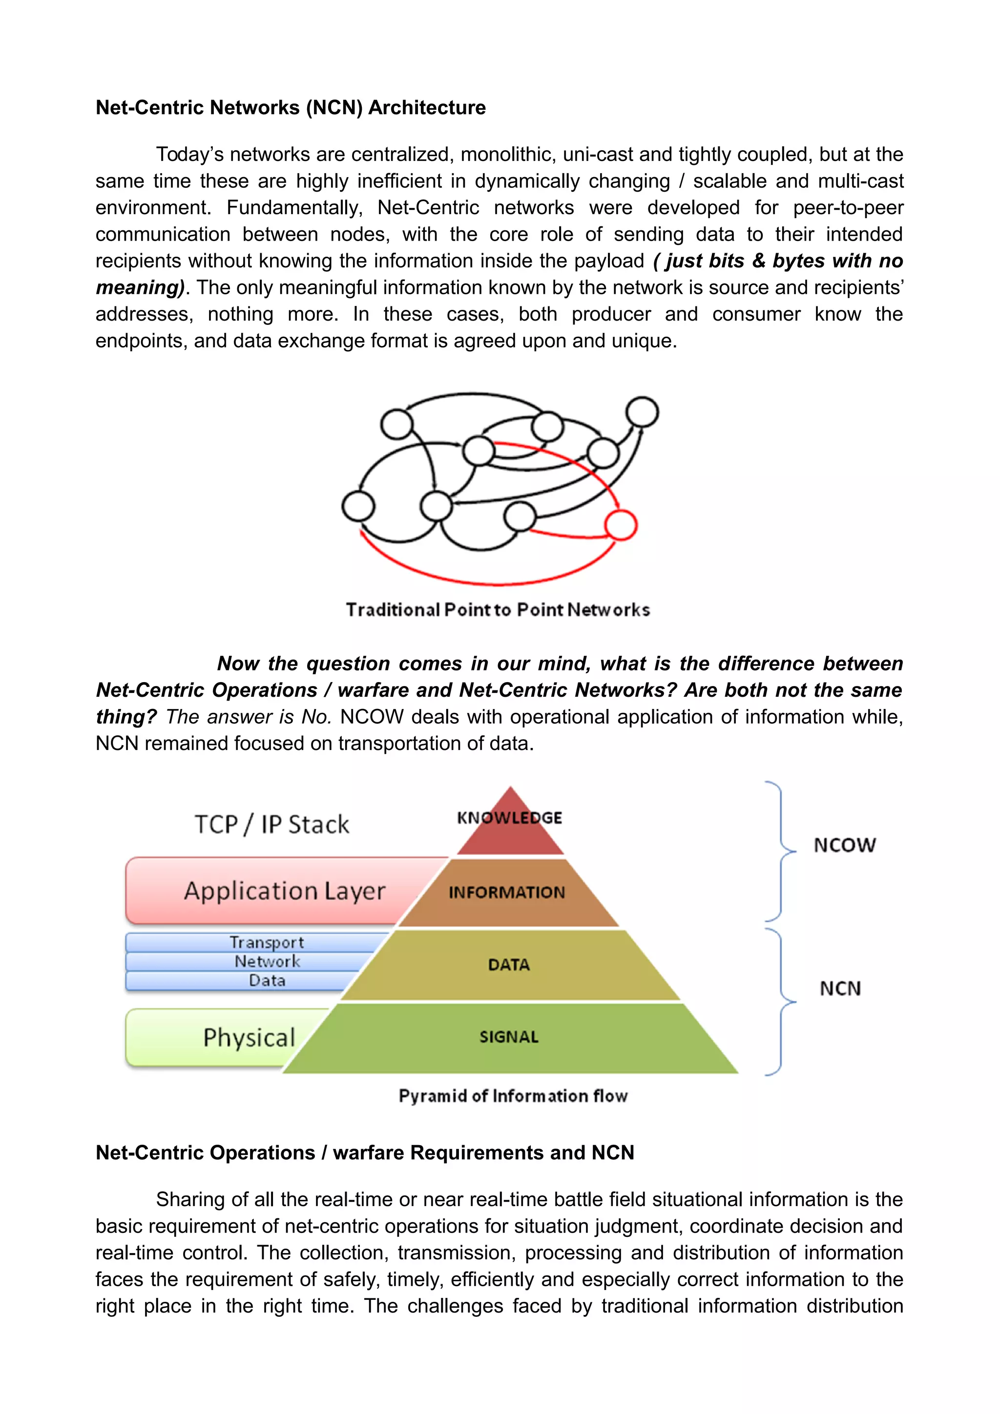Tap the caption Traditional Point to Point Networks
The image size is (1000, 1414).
498,610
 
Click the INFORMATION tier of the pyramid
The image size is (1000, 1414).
506,892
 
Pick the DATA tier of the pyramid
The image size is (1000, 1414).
509,965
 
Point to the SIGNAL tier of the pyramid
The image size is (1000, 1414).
509,1037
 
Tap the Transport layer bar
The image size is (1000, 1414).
266,942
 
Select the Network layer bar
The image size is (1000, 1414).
266,961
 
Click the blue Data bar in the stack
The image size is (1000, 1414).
266,980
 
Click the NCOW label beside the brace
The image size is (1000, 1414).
844,846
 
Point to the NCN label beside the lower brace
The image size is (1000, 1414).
840,989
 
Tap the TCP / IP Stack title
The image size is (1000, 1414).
271,825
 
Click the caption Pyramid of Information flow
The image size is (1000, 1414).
513,1096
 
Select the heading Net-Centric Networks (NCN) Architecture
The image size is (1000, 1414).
290,108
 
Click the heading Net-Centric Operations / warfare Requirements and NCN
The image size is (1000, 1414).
365,1153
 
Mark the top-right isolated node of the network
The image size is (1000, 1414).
642,411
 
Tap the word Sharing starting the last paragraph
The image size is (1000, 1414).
190,1200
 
